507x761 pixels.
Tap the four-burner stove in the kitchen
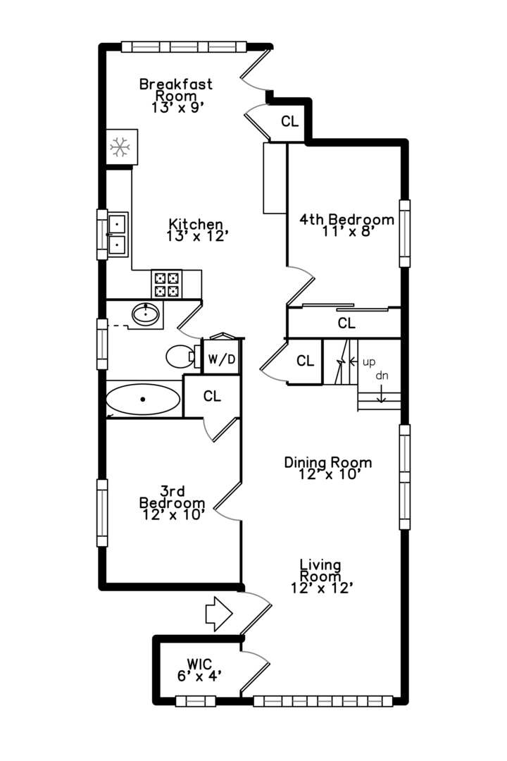tap(167, 283)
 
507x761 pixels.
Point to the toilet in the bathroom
tap(180, 357)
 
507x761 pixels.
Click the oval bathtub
tap(142, 400)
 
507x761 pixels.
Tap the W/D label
tap(222, 359)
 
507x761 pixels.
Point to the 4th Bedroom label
tap(346, 224)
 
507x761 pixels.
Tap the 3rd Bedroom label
tap(172, 502)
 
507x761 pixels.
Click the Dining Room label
tap(327, 468)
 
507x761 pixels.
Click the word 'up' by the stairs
tap(368, 363)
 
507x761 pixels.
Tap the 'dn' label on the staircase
tap(382, 376)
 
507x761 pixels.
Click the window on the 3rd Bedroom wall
tap(103, 513)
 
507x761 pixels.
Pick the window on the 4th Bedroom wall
tap(404, 233)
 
